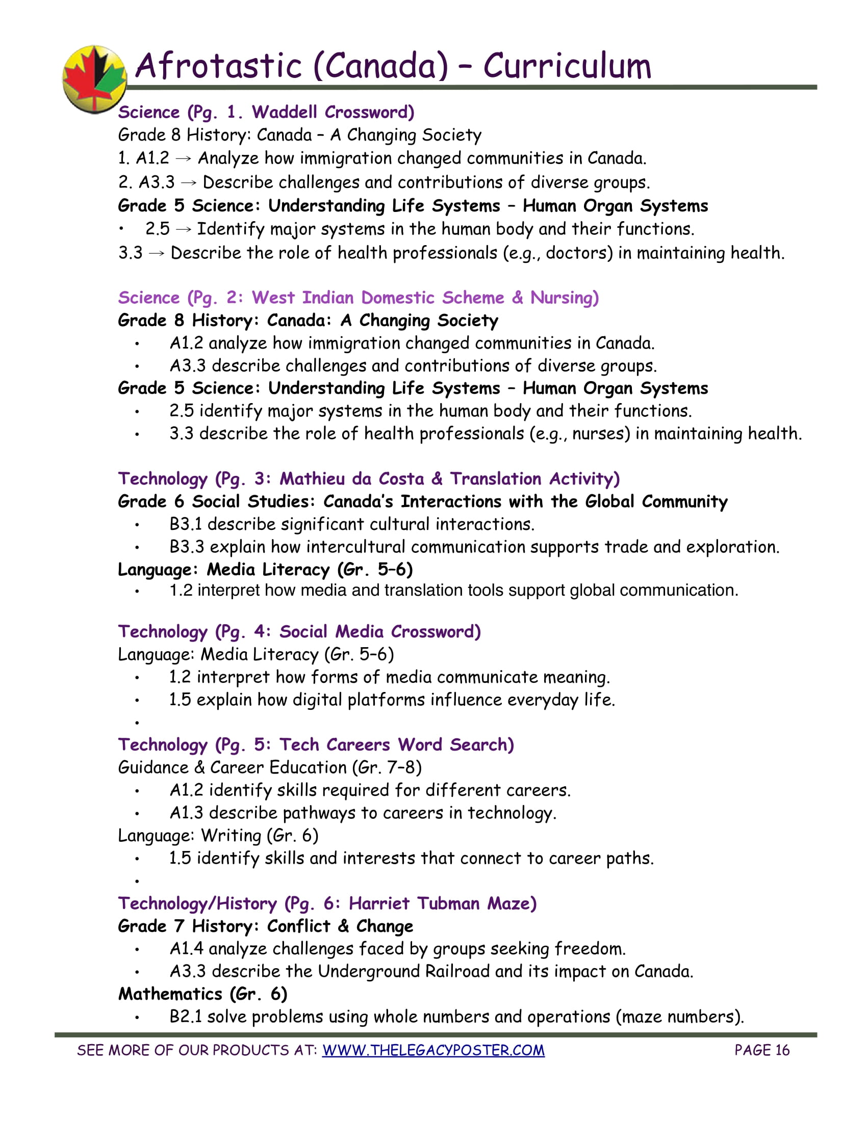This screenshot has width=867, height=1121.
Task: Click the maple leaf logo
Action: click(94, 78)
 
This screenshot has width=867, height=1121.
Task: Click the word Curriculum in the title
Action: click(567, 66)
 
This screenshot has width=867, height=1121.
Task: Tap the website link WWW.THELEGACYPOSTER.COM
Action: click(433, 1050)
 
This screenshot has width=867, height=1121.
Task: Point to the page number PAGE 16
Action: click(762, 1050)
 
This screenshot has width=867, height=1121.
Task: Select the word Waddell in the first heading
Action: click(284, 112)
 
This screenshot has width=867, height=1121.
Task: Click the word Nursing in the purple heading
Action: click(564, 298)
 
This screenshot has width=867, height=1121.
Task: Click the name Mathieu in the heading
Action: click(312, 479)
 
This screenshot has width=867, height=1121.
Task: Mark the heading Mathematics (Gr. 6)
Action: click(202, 994)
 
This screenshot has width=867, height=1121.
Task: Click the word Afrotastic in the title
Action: click(218, 66)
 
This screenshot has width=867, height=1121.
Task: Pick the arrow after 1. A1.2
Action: click(184, 158)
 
